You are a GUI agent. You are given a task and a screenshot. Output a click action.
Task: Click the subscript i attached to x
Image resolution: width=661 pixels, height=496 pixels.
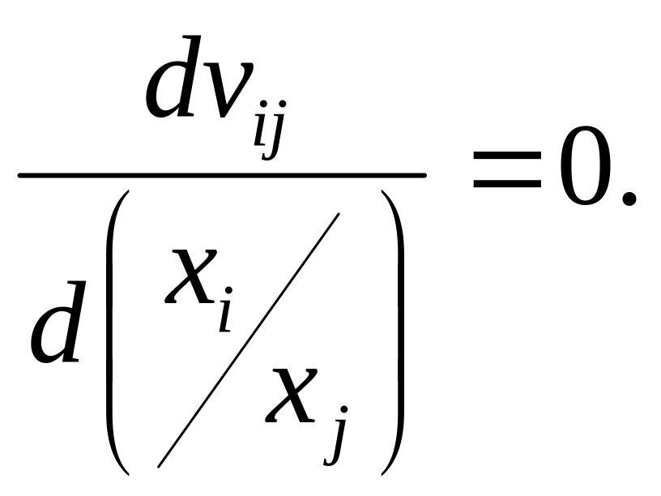pyautogui.click(x=225, y=313)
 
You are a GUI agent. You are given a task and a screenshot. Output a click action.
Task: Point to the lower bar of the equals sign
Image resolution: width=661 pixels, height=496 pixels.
pyautogui.click(x=506, y=187)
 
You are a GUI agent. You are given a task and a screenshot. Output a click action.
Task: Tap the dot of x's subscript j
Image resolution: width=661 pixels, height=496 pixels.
pyautogui.click(x=339, y=414)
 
